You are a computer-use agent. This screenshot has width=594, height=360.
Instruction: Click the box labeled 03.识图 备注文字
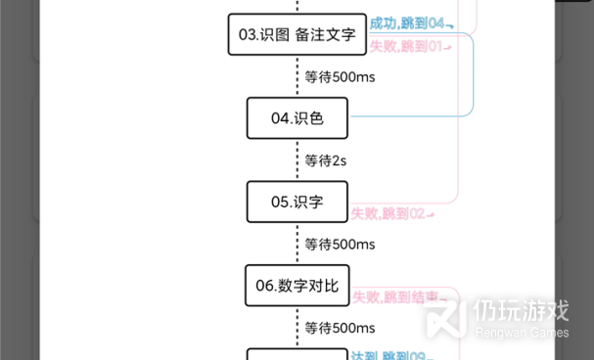(297, 35)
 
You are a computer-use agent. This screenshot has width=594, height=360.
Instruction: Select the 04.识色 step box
(297, 118)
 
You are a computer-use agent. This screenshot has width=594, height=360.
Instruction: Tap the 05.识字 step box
(297, 202)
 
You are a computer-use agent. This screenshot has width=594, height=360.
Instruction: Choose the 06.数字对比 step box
(297, 286)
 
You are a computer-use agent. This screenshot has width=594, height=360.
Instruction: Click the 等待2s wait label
(326, 160)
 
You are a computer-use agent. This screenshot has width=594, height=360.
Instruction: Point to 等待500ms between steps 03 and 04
(340, 76)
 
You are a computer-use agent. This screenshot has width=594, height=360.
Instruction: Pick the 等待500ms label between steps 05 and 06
(340, 244)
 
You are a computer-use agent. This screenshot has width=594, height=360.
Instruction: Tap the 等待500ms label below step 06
(340, 328)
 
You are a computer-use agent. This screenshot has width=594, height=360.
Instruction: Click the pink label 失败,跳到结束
(396, 296)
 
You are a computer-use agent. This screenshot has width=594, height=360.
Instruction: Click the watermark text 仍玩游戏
(521, 310)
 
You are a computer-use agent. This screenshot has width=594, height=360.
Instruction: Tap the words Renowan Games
(521, 333)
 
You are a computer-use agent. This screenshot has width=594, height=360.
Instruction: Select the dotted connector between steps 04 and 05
(297, 160)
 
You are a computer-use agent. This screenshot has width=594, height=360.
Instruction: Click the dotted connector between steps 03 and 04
(297, 76)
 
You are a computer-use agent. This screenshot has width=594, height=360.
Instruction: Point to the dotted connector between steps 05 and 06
(297, 244)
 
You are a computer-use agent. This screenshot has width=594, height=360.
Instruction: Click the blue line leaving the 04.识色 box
(411, 117)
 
